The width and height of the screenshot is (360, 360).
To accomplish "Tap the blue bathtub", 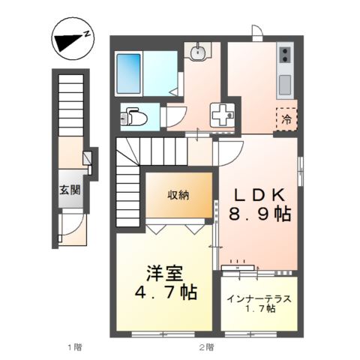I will click(x=130, y=72).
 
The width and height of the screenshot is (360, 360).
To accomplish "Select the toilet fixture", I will click(x=135, y=117).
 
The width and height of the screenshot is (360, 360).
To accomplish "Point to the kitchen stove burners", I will click(x=284, y=54).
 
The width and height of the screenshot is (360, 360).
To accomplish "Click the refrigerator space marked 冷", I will click(x=286, y=118).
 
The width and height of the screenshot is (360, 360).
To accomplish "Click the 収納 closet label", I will click(x=178, y=195).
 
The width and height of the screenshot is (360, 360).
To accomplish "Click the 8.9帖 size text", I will click(x=259, y=214).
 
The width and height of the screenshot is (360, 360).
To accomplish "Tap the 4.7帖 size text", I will click(x=166, y=293).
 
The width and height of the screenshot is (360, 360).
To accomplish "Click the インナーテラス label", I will click(x=259, y=298).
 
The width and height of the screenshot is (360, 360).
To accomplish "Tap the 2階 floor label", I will click(x=206, y=347).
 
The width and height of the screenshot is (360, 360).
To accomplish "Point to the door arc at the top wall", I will click(x=256, y=34).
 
